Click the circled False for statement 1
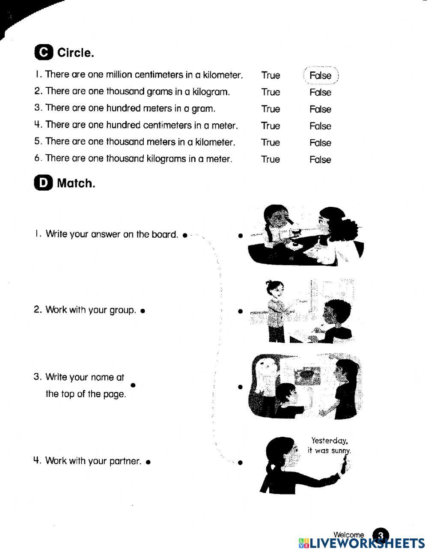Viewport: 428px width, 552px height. click(x=321, y=76)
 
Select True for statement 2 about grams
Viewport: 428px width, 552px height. click(x=270, y=92)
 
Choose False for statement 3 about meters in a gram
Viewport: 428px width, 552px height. click(x=320, y=109)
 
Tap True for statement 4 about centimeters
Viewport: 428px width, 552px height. click(x=270, y=126)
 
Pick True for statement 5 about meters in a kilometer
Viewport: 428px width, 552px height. click(x=270, y=143)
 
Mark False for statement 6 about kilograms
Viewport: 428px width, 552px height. click(x=320, y=160)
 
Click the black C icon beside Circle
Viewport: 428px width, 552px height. click(x=44, y=53)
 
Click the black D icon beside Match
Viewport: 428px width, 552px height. click(x=43, y=183)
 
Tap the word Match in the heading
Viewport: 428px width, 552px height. click(x=76, y=183)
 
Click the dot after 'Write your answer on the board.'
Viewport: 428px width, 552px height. click(x=184, y=235)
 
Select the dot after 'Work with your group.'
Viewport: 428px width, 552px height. click(x=143, y=310)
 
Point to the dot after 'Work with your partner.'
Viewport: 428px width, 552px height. click(x=148, y=462)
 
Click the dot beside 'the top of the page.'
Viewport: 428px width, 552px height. click(x=133, y=385)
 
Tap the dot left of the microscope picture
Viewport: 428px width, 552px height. click(x=241, y=236)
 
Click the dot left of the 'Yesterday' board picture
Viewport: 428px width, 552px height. click(x=240, y=462)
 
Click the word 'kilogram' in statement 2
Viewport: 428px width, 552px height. click(x=211, y=92)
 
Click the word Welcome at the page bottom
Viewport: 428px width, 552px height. click(x=348, y=534)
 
